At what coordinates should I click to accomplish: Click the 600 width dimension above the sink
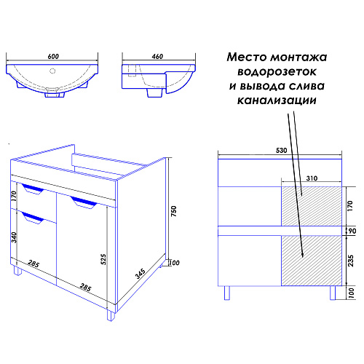tap(53, 56)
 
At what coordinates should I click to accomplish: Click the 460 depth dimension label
tap(157, 56)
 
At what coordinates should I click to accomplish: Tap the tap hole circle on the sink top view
tap(52, 71)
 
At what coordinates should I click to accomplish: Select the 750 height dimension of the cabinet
tap(173, 211)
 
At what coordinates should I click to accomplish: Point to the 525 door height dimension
tap(103, 259)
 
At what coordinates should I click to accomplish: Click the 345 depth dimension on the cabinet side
tap(141, 274)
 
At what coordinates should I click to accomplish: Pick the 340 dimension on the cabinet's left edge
tap(14, 237)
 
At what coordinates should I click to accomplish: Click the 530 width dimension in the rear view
tap(281, 151)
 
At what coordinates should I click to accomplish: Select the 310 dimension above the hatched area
tap(312, 178)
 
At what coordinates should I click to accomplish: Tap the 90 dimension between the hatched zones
tap(352, 231)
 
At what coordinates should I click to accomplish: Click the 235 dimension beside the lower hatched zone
tap(350, 261)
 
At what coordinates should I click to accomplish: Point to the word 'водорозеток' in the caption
tap(277, 71)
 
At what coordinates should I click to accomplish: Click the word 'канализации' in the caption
tap(277, 100)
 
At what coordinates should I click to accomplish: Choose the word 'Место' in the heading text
tap(247, 58)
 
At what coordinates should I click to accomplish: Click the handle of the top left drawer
tap(33, 189)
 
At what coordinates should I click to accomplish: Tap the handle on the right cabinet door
tap(84, 202)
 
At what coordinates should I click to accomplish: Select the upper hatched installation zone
tap(312, 206)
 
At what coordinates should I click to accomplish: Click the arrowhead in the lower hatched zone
tap(302, 254)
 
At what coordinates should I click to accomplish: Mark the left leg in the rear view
tap(226, 293)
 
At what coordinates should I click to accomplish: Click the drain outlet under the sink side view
tap(154, 92)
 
